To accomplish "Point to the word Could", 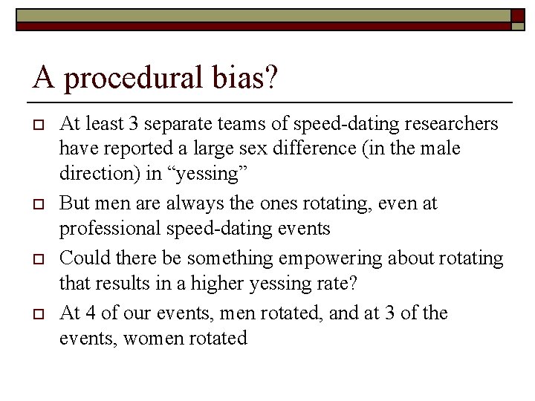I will [81, 258].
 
